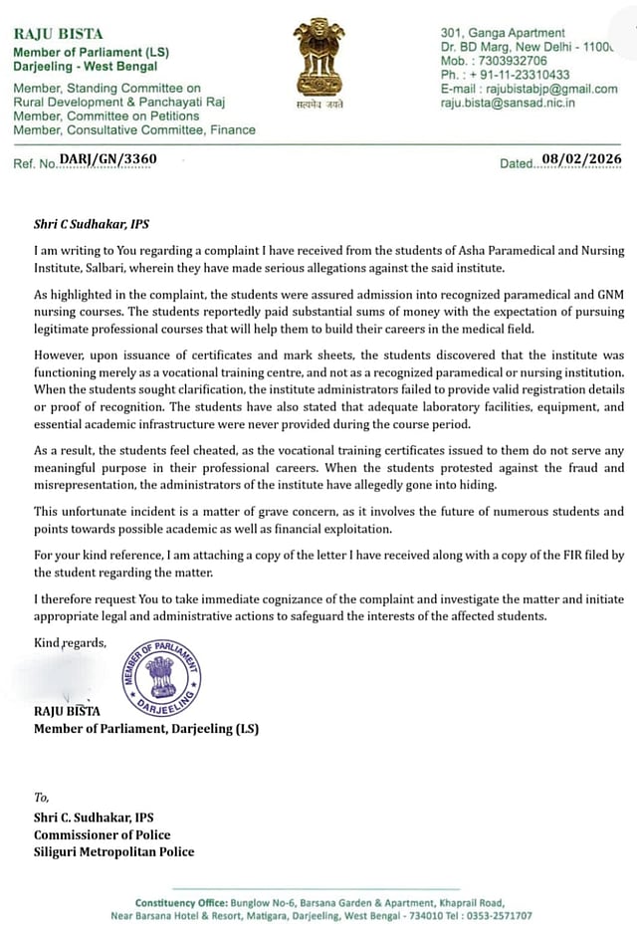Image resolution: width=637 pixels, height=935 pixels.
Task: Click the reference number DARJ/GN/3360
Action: pos(107,158)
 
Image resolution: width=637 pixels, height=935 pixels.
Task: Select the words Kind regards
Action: pos(70,643)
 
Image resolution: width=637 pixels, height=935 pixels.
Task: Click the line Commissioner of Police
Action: pos(102,834)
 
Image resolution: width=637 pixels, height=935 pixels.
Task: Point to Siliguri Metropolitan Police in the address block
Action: pos(113,851)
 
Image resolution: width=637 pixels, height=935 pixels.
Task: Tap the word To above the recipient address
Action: pos(41,797)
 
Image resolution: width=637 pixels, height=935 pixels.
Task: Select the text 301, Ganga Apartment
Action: pos(502,33)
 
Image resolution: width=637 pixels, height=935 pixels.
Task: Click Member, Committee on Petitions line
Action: pos(106,116)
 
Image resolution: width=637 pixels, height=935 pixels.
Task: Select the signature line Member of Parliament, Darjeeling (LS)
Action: pos(145,728)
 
